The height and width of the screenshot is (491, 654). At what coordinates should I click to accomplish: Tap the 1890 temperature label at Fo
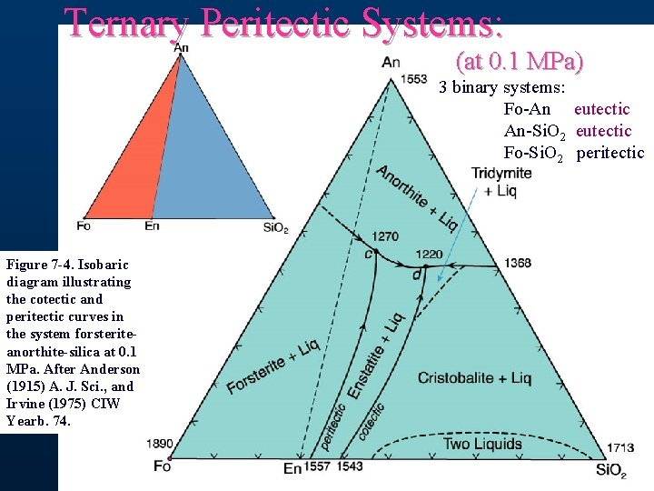(x=159, y=444)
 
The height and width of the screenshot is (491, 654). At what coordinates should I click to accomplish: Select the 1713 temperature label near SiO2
(x=621, y=447)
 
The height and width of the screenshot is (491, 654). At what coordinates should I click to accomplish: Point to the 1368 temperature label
(x=519, y=264)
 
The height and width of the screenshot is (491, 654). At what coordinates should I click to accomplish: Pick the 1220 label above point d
(x=430, y=255)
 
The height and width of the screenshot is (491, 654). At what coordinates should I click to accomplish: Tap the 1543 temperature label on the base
(x=350, y=466)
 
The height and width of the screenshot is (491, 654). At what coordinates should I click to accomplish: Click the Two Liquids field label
(x=482, y=444)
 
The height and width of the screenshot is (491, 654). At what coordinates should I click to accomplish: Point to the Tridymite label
(x=502, y=174)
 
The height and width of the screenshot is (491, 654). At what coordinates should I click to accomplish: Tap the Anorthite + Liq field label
(x=416, y=197)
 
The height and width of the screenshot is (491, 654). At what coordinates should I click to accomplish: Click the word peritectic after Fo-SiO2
(x=609, y=153)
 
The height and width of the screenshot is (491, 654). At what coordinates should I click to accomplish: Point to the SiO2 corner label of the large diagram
(x=609, y=470)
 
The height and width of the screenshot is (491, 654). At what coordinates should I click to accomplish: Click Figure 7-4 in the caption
(x=42, y=265)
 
